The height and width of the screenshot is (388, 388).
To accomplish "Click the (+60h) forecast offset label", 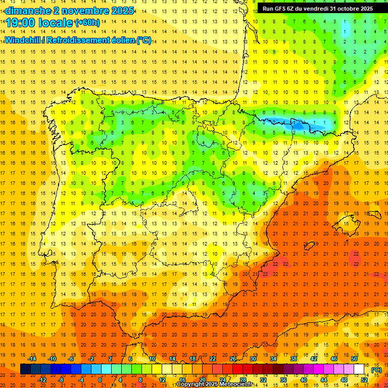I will click(x=87, y=23).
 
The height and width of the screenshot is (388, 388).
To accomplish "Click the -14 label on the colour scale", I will click(x=32, y=359).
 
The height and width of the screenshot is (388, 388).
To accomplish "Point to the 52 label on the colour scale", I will click(x=364, y=380).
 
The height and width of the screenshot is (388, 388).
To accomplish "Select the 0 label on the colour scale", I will click(x=100, y=380).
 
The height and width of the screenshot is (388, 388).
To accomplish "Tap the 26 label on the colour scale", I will click(x=233, y=359).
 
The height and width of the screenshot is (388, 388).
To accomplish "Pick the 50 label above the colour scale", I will click(x=354, y=359).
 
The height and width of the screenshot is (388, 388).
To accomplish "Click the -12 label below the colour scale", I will click(x=42, y=380).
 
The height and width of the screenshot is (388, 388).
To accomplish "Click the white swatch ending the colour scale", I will click(x=359, y=369).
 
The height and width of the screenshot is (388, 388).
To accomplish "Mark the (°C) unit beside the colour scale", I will click(x=376, y=369).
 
